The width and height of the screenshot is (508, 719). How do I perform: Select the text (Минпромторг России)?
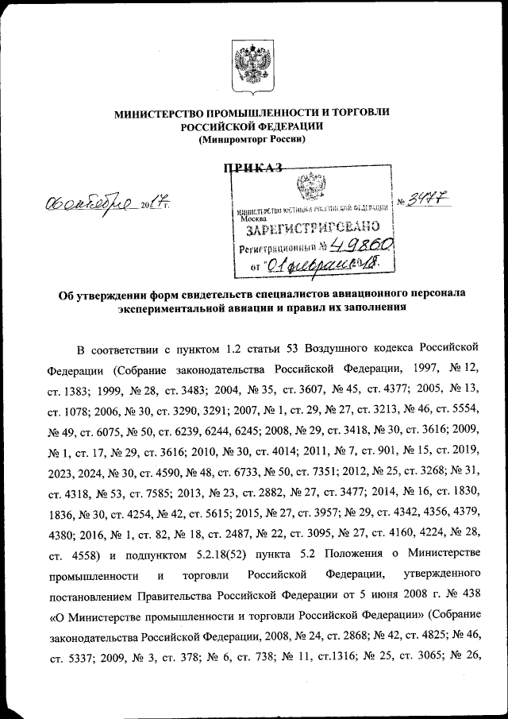click(x=252, y=139)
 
